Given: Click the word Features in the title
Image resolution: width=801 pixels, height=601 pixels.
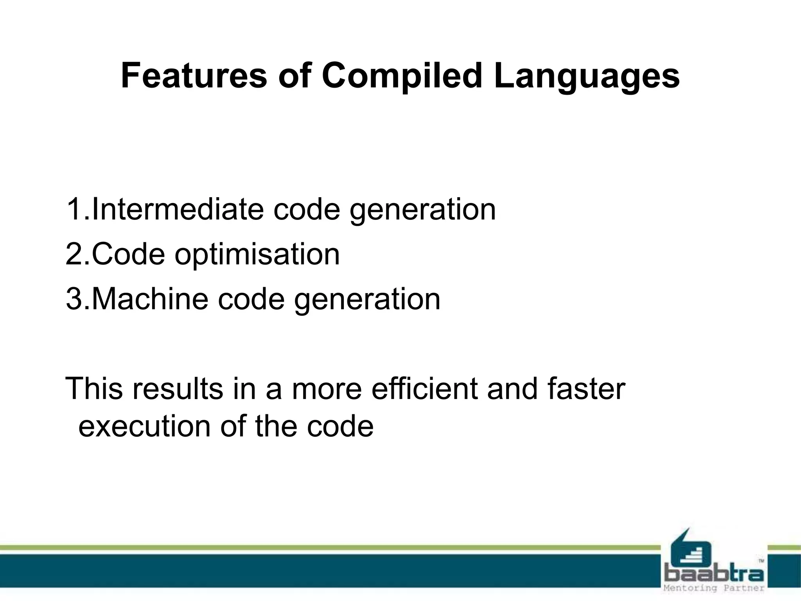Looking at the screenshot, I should [194, 76].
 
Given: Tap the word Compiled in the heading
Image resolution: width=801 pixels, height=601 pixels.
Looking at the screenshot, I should [402, 76].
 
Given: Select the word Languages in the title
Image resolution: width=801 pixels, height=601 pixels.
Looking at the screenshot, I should [586, 76].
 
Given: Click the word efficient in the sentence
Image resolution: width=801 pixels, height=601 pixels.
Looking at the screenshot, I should [424, 389].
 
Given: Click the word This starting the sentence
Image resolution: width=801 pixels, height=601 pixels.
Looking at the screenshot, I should [95, 389].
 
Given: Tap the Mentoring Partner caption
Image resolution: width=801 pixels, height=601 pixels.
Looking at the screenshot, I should [714, 588].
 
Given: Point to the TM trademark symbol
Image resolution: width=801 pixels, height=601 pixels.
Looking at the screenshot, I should [761, 561].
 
